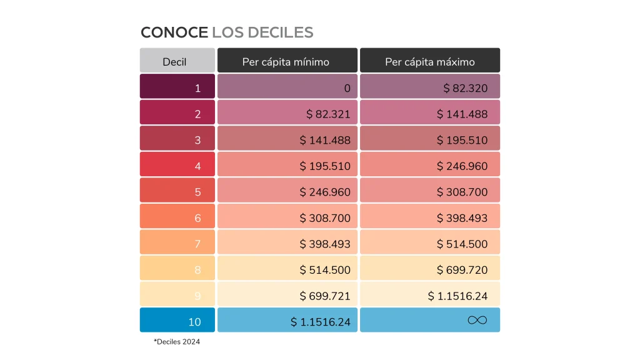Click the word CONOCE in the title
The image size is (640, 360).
174,32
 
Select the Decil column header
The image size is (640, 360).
177,61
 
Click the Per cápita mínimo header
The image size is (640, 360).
287,61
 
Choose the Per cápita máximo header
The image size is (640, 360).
429,61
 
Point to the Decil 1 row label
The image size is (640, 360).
177,87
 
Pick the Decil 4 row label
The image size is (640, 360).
177,166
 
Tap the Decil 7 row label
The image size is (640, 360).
177,243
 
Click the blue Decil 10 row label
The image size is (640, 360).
177,321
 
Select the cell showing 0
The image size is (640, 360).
287,87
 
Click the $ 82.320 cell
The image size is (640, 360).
430,87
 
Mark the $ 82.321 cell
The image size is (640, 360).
287,114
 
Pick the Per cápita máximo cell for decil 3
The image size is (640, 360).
430,139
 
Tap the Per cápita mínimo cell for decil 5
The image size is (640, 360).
287,191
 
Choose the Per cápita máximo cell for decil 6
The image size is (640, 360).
430,217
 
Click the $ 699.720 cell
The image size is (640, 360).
430,269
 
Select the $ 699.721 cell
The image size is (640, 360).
287,295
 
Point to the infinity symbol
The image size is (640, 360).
477,321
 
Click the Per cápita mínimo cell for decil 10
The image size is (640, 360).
287,321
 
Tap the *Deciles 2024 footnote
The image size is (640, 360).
177,342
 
